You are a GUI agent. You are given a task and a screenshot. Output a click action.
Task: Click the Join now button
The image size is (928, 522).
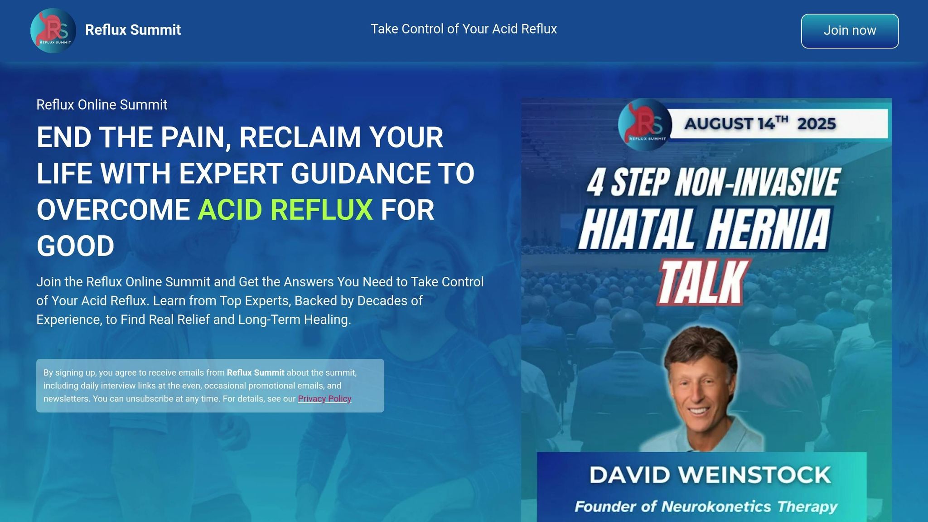(x=850, y=31)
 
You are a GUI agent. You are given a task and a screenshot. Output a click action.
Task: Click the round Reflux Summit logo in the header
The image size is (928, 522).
(x=53, y=30)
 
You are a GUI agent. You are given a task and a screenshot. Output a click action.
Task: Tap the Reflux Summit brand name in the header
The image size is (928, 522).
(x=133, y=30)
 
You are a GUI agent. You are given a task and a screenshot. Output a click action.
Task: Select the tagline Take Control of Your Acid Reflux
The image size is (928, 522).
(x=464, y=29)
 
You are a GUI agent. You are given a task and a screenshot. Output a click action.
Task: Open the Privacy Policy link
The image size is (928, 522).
(x=324, y=399)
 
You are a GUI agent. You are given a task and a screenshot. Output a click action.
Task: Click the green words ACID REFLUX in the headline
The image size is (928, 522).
(x=285, y=210)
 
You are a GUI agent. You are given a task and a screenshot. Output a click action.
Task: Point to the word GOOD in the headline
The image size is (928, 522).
(x=75, y=246)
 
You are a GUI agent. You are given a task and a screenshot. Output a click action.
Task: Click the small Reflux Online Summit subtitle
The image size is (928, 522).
(x=102, y=105)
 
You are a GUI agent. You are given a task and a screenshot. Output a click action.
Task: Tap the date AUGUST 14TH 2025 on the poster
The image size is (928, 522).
(x=760, y=123)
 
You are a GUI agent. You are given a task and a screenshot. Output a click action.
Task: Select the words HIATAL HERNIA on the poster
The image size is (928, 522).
(x=705, y=229)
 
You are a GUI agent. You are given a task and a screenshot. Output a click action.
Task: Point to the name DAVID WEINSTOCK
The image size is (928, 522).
(x=710, y=475)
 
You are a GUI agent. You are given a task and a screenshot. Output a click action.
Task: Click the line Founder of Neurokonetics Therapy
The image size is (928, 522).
(x=706, y=506)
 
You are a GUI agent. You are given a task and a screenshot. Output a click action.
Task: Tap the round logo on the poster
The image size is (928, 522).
(x=644, y=125)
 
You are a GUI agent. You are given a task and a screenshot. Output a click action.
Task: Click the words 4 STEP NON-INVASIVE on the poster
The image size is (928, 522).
(x=714, y=182)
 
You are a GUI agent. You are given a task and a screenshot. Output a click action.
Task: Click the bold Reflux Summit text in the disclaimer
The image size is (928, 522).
(x=256, y=372)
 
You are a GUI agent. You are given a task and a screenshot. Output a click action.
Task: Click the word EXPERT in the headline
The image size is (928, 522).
(x=231, y=173)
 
